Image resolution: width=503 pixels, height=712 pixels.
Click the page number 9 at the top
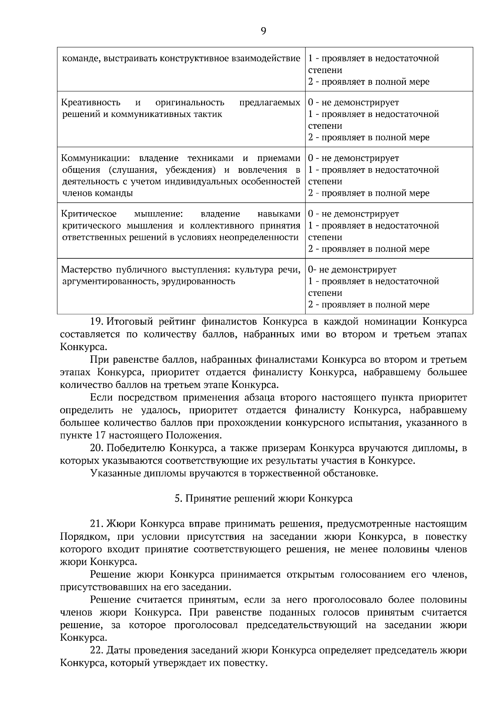(263, 31)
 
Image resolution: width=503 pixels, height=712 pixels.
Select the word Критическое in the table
(89, 214)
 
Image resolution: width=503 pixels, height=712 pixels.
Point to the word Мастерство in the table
(86, 270)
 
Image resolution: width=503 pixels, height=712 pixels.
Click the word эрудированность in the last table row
(199, 281)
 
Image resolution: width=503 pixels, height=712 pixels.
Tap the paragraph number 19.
(97, 322)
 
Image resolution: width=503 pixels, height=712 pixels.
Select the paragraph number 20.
(97, 448)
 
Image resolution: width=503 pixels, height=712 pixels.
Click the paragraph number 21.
(97, 524)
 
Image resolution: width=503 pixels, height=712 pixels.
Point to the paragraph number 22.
(97, 650)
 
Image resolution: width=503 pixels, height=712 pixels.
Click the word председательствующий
(301, 625)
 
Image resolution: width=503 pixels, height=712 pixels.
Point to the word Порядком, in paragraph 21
(84, 537)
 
